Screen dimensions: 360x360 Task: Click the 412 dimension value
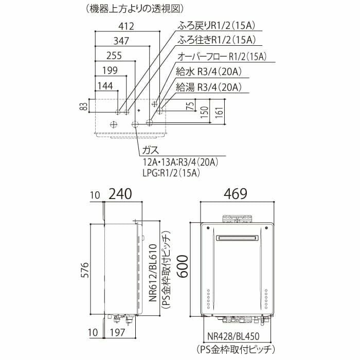coord(127,26)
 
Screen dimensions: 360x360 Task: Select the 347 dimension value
coord(121,41)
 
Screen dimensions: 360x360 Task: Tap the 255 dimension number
coord(114,56)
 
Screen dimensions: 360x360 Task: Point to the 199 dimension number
coord(110,70)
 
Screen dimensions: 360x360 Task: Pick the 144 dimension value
coord(105,86)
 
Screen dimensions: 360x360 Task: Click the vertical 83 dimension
coord(84,106)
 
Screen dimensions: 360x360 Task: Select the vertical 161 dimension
coord(220,113)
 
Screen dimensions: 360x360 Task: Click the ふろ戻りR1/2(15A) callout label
coord(217,26)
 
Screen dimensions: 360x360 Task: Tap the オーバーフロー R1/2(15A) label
coord(222,57)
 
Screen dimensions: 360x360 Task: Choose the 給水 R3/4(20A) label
coord(209,72)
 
